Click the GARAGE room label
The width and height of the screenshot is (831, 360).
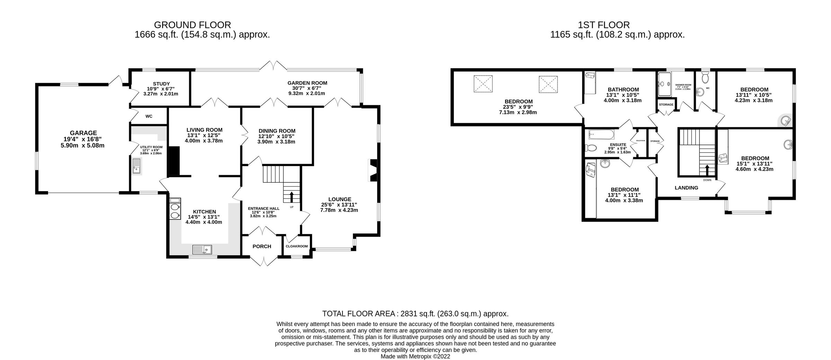tap(83, 133)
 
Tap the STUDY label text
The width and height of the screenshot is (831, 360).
tap(161, 84)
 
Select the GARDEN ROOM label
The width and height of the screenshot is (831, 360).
tap(307, 83)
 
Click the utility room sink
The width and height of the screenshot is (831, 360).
tap(136, 165)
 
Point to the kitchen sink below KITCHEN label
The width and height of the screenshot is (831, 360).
tap(202, 249)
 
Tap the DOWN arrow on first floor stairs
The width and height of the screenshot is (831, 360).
tap(707, 170)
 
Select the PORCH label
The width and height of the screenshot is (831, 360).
tap(262, 246)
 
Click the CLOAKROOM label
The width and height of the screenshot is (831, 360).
tap(297, 246)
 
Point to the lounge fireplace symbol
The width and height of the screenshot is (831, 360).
tap(373, 170)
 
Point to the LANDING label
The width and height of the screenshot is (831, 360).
tap(686, 188)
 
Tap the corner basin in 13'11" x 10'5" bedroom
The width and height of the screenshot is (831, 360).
tap(786, 121)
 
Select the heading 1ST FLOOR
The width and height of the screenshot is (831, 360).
tap(604, 25)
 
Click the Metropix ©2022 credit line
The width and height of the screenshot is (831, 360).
tap(415, 356)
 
